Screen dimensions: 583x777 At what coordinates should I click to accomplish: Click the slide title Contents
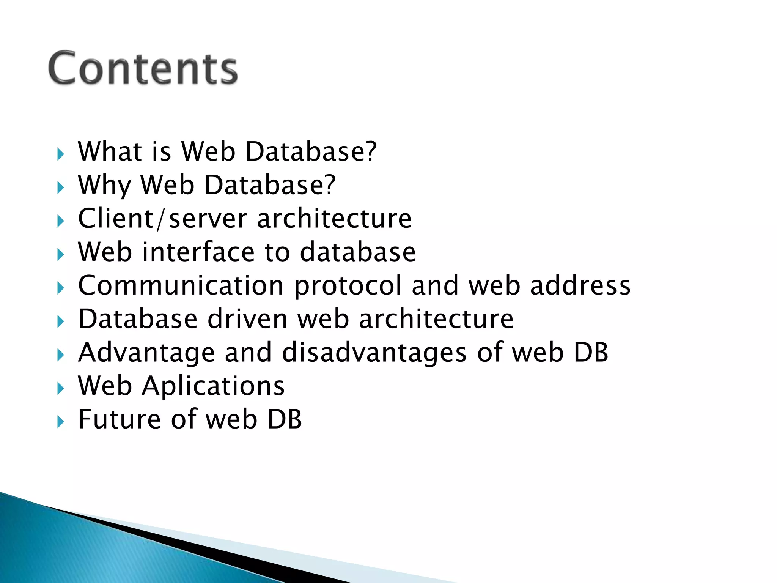[x=143, y=68]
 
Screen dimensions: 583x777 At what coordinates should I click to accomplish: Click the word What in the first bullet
[x=110, y=151]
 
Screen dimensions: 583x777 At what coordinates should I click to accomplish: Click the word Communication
[x=181, y=285]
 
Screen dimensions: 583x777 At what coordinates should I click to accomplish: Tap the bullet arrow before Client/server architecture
[x=60, y=221]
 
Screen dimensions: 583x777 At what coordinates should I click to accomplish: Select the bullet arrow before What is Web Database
[x=60, y=154]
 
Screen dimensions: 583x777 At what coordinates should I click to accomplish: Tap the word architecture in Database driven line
[x=436, y=319]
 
